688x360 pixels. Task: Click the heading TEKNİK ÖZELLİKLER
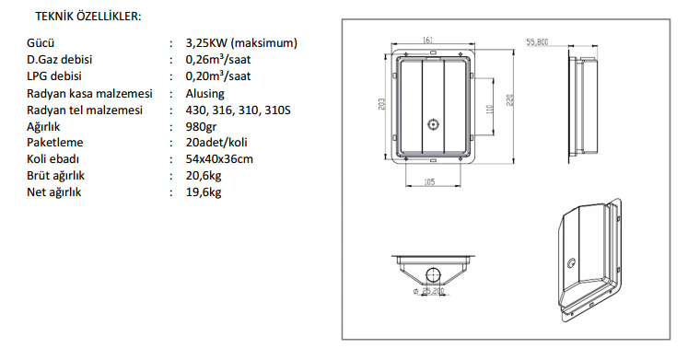pos(88,17)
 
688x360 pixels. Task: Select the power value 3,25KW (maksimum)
pos(241,43)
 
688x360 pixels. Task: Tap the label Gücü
pos(41,43)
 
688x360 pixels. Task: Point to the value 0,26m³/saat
pos(218,59)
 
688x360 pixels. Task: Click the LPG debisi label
pos(54,75)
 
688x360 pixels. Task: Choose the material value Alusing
pos(204,93)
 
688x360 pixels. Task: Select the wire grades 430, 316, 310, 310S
pos(238,110)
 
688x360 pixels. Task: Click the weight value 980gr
pos(201,127)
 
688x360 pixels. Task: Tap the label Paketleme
pos(55,143)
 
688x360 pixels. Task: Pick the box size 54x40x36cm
pos(219,158)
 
